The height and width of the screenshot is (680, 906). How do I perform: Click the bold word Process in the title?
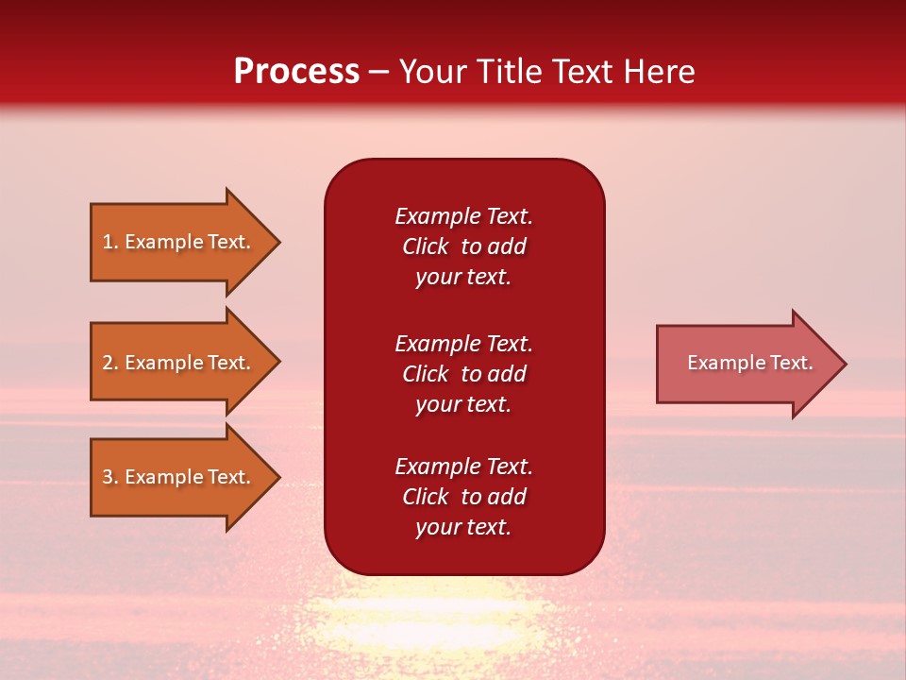[296, 72]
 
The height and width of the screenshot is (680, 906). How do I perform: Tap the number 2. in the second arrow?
[110, 363]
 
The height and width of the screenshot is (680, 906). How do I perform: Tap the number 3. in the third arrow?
[110, 477]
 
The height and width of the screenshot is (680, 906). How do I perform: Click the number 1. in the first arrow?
[110, 242]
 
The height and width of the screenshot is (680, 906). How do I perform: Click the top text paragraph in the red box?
[463, 246]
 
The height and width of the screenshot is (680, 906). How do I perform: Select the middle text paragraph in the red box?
[463, 373]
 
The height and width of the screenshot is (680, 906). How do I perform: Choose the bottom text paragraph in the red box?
[463, 497]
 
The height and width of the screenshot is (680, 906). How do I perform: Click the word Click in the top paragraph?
[426, 246]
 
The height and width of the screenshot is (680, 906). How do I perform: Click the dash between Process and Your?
[378, 73]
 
